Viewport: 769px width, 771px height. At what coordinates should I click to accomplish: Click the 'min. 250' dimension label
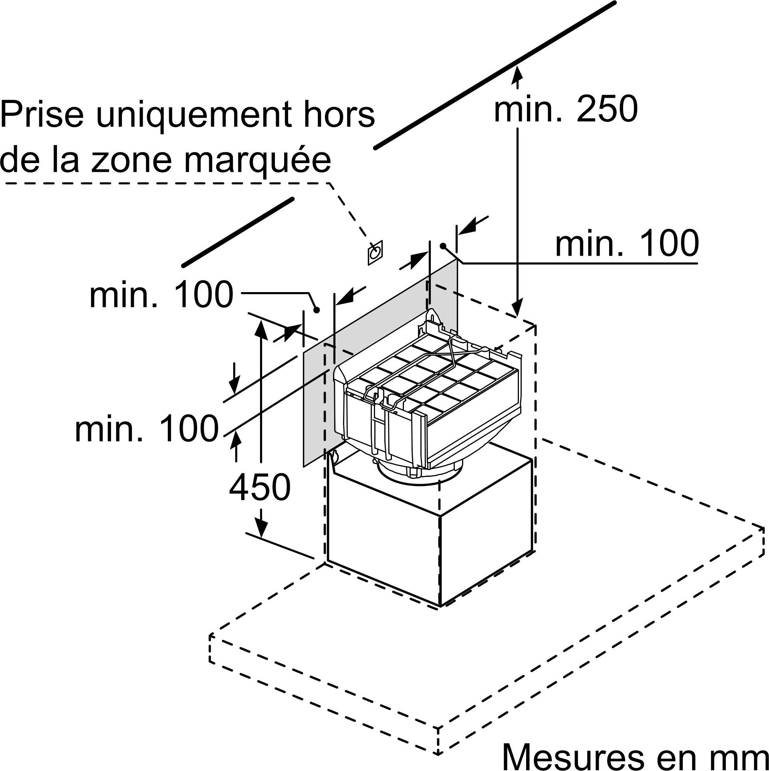coord(565,109)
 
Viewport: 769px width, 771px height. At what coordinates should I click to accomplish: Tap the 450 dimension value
coord(260,487)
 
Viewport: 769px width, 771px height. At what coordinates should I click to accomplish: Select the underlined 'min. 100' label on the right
coord(627,243)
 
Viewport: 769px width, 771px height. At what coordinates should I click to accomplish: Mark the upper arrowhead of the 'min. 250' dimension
coord(518,75)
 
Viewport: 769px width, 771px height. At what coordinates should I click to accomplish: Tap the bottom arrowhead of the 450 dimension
coord(261,527)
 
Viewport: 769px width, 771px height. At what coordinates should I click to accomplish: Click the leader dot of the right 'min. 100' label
coord(443,246)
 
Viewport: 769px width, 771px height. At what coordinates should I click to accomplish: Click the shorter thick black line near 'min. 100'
coord(238,232)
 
